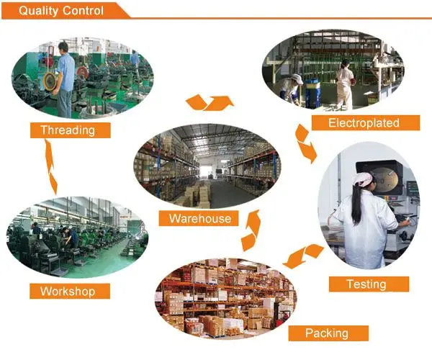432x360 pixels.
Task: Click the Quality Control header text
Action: [x=61, y=11]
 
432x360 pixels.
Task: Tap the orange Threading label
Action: [x=71, y=130]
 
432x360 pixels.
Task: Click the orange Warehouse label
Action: [x=199, y=218]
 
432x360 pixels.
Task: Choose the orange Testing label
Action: [x=366, y=284]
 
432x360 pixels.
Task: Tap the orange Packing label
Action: [x=326, y=333]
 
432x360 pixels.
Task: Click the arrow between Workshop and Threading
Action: [x=50, y=166]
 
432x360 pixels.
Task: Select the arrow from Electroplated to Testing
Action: [x=305, y=143]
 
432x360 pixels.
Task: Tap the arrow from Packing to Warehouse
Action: [x=251, y=230]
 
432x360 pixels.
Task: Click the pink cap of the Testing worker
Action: [x=363, y=179]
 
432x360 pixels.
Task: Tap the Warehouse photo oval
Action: [x=205, y=169]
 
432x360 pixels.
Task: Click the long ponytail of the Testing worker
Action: [x=356, y=205]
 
